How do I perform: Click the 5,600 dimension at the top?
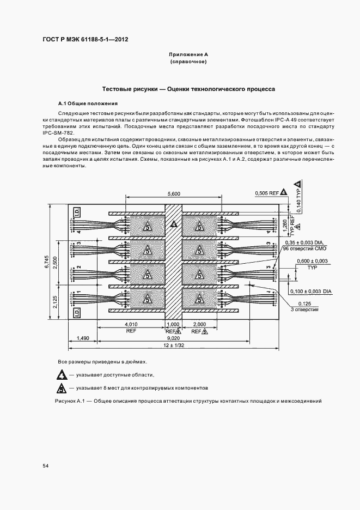click(x=174, y=194)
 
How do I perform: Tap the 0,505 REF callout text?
click(x=266, y=192)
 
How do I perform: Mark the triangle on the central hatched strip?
click(x=174, y=224)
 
